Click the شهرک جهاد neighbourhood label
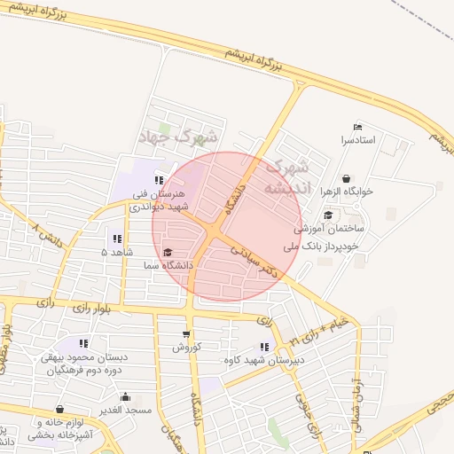click(178, 137)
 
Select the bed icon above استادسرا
click(358, 127)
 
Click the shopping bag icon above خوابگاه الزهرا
click(345, 177)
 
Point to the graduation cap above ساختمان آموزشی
click(328, 215)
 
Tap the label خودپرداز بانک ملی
click(321, 245)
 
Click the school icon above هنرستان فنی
click(159, 180)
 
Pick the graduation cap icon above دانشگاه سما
click(168, 252)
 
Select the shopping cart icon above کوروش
click(185, 334)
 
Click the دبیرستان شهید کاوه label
click(264, 360)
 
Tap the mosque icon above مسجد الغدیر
click(125, 396)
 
